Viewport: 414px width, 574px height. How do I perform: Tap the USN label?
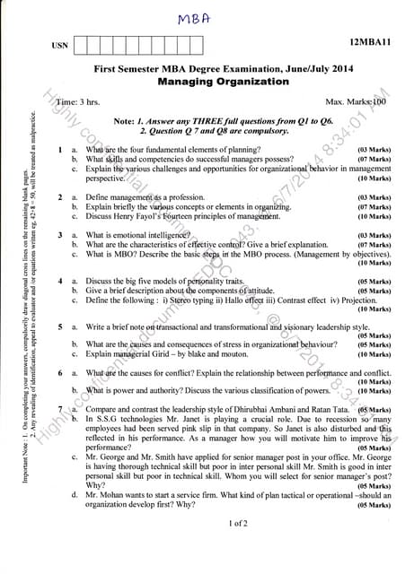tap(60, 45)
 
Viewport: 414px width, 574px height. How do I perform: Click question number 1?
tap(59, 149)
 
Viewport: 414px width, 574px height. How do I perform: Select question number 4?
tap(59, 282)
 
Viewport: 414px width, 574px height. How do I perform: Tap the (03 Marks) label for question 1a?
tap(374, 149)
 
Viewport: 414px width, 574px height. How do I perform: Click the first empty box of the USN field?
tap(81, 44)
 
